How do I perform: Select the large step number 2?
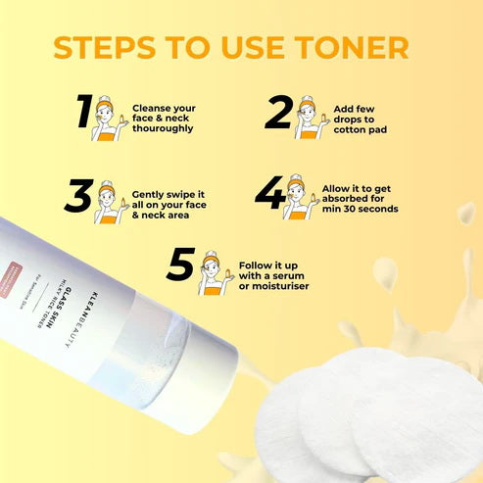(x=278, y=114)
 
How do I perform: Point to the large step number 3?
(x=78, y=196)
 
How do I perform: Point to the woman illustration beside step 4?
(x=297, y=198)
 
